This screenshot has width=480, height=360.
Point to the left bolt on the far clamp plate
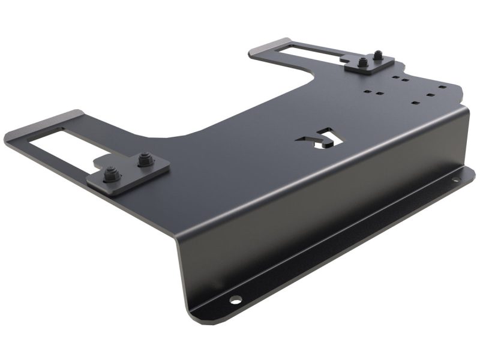coord(364,62)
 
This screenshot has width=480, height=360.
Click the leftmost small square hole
coord(368,92)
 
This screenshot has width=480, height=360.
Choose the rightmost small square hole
coord(443,87)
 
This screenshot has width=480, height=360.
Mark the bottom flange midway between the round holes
coord(348,240)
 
